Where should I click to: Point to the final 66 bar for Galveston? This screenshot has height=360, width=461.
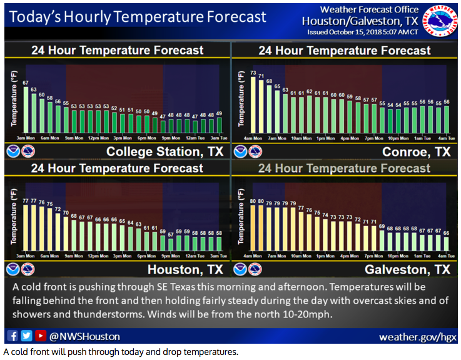click(x=446, y=245)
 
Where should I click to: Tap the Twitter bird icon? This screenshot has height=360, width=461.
click(x=26, y=336)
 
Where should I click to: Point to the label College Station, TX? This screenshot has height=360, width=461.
click(x=165, y=152)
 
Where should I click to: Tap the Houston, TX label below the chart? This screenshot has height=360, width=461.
click(x=185, y=269)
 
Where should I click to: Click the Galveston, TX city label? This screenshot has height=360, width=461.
click(x=406, y=269)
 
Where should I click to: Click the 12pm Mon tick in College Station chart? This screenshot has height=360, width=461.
click(x=98, y=138)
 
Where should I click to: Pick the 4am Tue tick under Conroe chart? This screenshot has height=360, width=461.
click(x=446, y=138)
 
